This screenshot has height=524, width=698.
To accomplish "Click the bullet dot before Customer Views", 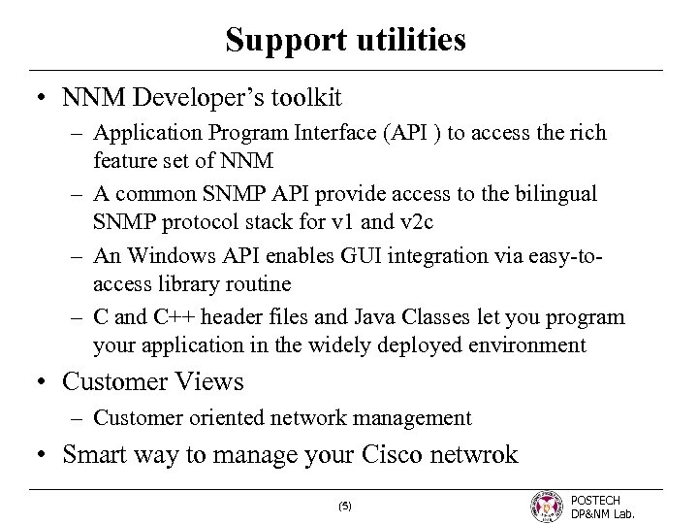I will pos(42,382).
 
